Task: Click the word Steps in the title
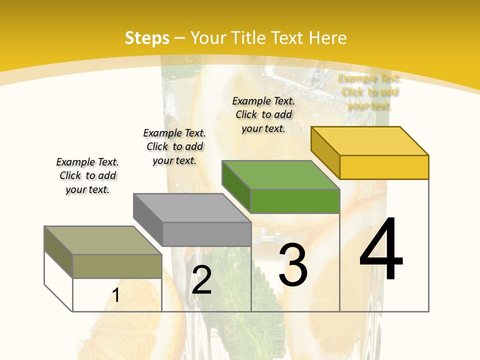point(147,38)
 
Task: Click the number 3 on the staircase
point(293,265)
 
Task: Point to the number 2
point(201,280)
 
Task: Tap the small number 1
point(116,295)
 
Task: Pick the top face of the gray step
point(192,208)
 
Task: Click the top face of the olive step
point(103,240)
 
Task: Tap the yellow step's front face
point(384,167)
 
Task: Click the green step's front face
point(295,201)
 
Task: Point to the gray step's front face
point(206,234)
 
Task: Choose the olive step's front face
point(117,266)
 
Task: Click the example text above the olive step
point(87,175)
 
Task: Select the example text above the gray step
point(174,146)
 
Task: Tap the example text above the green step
point(263,114)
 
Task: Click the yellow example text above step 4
point(369,92)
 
